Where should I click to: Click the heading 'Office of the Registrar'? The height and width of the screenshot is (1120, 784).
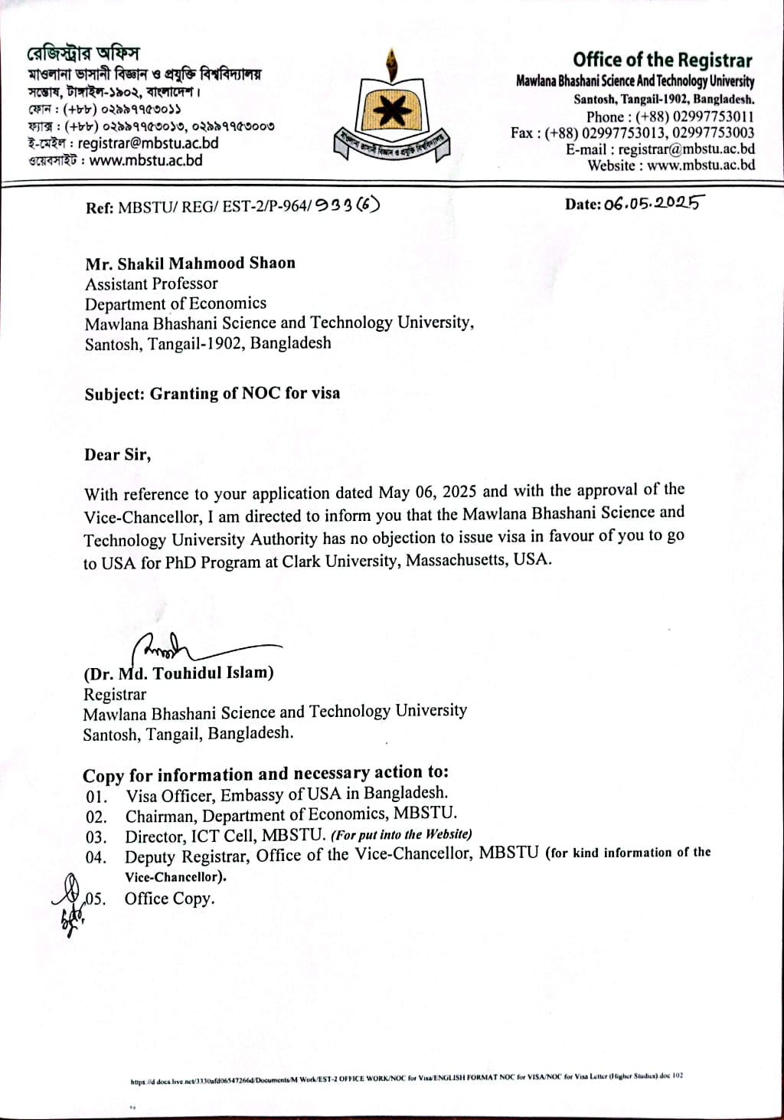662,60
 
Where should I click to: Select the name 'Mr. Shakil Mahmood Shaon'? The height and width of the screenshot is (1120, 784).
190,264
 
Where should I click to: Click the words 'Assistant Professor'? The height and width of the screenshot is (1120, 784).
152,283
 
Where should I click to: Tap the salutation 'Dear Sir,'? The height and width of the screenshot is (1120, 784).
118,454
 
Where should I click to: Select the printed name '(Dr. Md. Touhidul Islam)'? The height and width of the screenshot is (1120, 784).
178,673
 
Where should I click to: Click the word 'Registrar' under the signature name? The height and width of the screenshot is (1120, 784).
115,694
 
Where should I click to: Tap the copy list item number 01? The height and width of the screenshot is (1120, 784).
96,797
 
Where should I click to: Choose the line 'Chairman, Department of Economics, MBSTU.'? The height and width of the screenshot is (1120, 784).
291,814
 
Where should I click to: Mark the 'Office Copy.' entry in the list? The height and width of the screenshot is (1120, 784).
169,899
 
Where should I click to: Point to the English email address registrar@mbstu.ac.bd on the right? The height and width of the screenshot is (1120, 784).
686,149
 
